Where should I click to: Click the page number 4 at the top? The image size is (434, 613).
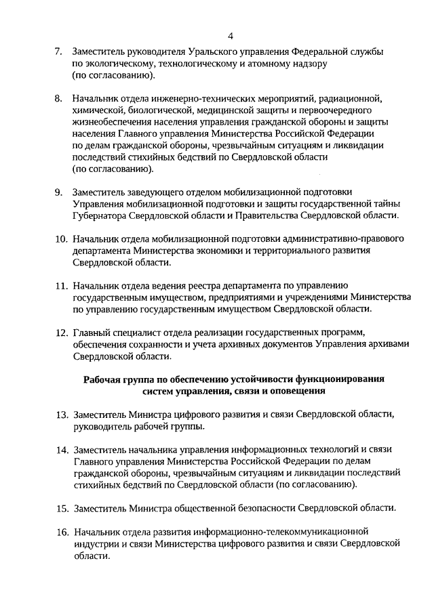pyautogui.click(x=230, y=36)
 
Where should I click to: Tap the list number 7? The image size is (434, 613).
pyautogui.click(x=58, y=51)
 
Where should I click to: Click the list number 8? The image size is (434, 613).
pyautogui.click(x=58, y=98)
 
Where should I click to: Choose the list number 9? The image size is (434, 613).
pyautogui.click(x=58, y=192)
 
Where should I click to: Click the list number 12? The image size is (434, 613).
pyautogui.click(x=61, y=332)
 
